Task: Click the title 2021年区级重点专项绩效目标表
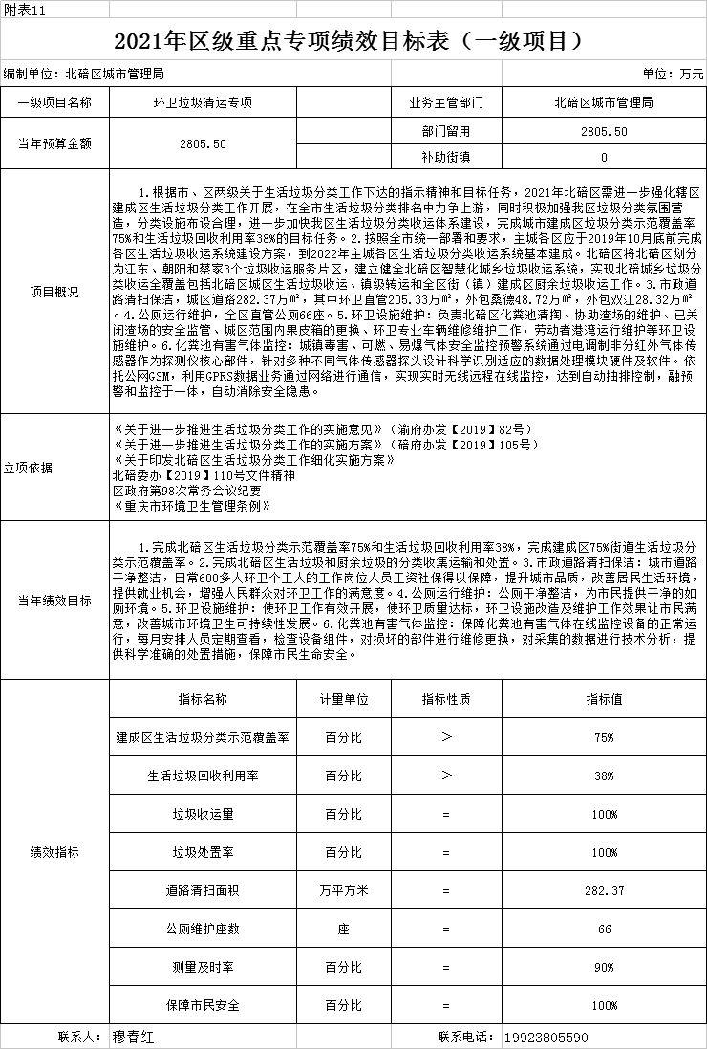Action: (348, 41)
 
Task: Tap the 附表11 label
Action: (24, 8)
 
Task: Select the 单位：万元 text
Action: (673, 74)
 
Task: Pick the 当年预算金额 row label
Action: (55, 143)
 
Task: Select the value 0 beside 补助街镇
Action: (604, 156)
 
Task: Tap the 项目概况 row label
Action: (55, 292)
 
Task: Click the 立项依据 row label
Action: (55, 468)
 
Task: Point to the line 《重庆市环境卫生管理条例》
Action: (192, 506)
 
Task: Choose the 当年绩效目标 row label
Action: (55, 601)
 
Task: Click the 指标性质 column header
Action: (446, 699)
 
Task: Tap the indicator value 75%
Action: (604, 737)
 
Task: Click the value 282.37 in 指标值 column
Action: (604, 890)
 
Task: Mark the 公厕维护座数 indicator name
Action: (203, 929)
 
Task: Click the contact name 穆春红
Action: (132, 1037)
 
